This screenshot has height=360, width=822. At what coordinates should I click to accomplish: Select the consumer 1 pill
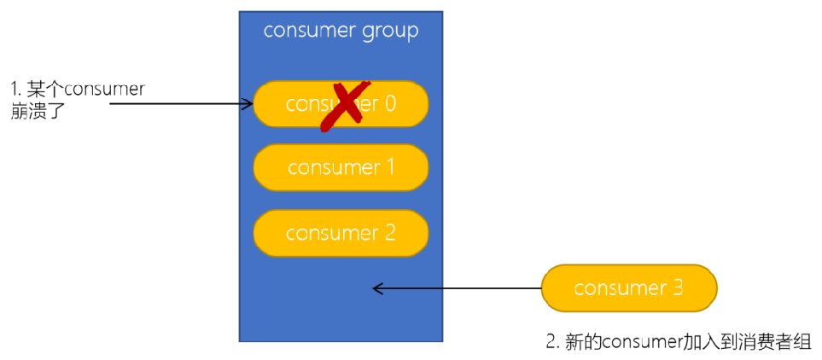pyautogui.click(x=341, y=167)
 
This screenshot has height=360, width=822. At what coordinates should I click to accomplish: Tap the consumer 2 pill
pyautogui.click(x=341, y=233)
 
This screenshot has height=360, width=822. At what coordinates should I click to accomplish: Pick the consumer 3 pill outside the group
pyautogui.click(x=629, y=288)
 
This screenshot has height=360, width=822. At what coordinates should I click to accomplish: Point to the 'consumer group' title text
pyautogui.click(x=341, y=32)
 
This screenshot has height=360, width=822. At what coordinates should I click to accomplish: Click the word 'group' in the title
pyautogui.click(x=388, y=32)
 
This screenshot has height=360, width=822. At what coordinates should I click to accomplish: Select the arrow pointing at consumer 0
pyautogui.click(x=179, y=104)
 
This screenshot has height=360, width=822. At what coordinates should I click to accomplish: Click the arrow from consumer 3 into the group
pyautogui.click(x=457, y=289)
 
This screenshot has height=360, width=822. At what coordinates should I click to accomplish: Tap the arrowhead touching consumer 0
pyautogui.click(x=248, y=104)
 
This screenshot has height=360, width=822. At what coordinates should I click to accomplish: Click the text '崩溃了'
pyautogui.click(x=38, y=111)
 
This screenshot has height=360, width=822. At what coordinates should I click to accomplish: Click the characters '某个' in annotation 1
pyautogui.click(x=45, y=89)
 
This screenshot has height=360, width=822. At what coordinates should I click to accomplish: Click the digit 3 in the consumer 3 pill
pyautogui.click(x=678, y=288)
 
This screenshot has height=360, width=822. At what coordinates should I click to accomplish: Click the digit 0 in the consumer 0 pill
pyautogui.click(x=390, y=104)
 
